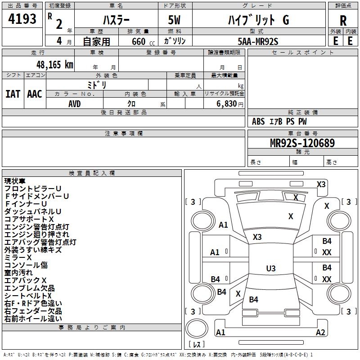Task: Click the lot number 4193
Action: pyautogui.click(x=22, y=19)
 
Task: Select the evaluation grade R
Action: pyautogui.click(x=343, y=20)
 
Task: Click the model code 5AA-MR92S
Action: pyautogui.click(x=258, y=41)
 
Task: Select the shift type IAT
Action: pyautogui.click(x=13, y=94)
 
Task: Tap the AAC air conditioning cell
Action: pyautogui.click(x=35, y=94)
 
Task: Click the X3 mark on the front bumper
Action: pyautogui.click(x=321, y=184)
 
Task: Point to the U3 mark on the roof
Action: pyautogui.click(x=270, y=269)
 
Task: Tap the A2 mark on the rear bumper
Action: pyautogui.click(x=320, y=333)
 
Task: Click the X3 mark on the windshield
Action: pyautogui.click(x=257, y=237)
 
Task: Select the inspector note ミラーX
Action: pyautogui.click(x=18, y=257)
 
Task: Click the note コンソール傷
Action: pyautogui.click(x=26, y=265)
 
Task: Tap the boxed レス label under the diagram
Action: pyautogui.click(x=198, y=344)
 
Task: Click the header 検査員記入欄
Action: pyautogui.click(x=92, y=173)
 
